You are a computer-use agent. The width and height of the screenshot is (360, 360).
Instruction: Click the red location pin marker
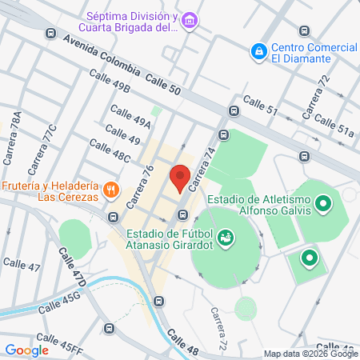point(179,177)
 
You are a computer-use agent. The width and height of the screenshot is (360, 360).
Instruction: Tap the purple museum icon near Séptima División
point(189,20)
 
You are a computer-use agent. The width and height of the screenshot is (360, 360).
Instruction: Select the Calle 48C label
point(110,150)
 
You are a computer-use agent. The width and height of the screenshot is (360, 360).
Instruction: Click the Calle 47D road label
point(71,267)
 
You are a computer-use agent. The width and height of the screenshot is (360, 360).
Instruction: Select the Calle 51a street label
point(334,125)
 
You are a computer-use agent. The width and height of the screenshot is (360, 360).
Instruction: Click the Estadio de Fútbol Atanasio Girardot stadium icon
point(226,237)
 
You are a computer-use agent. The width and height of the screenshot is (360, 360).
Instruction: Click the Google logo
point(26,350)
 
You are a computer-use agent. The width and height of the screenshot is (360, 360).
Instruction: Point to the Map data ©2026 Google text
point(311,354)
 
